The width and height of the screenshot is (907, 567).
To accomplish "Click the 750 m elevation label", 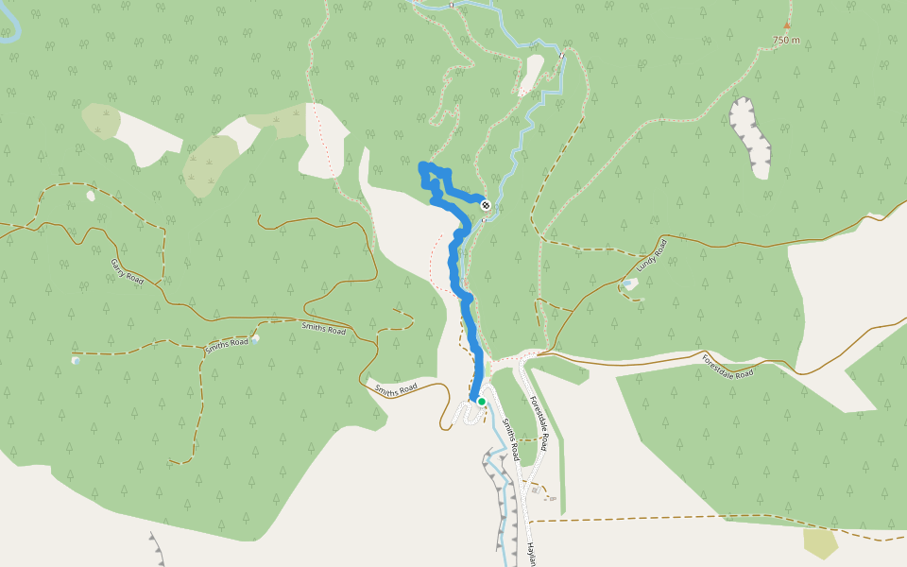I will point(786,40).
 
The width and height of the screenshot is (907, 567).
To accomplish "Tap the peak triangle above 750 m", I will point(786,26).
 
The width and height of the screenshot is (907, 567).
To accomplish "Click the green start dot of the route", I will point(481,402).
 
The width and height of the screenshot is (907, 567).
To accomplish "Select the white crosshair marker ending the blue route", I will point(486,205).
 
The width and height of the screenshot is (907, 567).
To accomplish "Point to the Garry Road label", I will point(127,272).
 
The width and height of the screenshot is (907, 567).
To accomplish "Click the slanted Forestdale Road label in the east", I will point(727,366).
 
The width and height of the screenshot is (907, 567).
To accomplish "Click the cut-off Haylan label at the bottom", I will point(532,554).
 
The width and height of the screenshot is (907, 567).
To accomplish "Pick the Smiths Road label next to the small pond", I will point(228,343).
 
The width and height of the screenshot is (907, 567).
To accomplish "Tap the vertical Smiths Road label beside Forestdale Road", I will point(510,439).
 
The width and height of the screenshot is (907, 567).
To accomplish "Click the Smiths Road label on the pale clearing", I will point(396,388).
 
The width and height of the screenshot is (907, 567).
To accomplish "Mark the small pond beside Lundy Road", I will point(627,283).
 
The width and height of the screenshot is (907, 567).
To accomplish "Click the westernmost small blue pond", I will point(76,360).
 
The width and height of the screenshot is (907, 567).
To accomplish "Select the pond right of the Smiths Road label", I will point(256,337).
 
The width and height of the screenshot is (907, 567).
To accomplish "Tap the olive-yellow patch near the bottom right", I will point(820,542).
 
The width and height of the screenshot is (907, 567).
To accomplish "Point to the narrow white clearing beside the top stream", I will point(531,75).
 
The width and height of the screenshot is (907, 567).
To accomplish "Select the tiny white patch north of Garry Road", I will point(91,196).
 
